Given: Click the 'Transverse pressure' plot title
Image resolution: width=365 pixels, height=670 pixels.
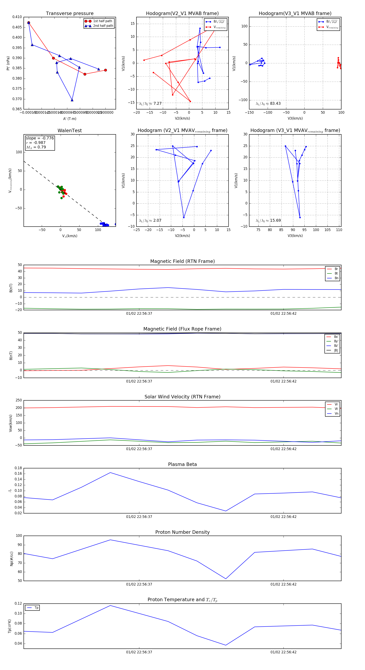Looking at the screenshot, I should tap(70, 14).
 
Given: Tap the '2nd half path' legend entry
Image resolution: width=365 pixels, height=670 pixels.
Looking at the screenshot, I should tap(103, 26).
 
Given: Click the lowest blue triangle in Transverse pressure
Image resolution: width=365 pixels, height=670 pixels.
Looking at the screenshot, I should tap(72, 100).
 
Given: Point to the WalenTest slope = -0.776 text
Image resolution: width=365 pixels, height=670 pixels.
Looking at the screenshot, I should tap(40, 138).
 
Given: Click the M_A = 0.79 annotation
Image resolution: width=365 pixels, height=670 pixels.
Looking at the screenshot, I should tap(36, 147).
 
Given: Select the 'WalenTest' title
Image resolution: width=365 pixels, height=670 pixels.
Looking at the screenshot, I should tap(70, 131).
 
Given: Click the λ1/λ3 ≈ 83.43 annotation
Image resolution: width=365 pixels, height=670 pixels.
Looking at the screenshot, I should tap(268, 104).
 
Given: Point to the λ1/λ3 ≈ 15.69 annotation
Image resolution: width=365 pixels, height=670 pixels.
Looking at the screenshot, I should tap(268, 220).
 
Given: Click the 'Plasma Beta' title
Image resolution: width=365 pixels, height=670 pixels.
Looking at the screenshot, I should tap(182, 465).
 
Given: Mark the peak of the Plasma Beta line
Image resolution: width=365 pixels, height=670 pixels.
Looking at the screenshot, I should tap(110, 473).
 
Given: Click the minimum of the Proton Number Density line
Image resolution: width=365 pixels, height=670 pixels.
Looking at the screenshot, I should tap(226, 579).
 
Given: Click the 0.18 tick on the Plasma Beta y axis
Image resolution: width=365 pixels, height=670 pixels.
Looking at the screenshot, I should tap(18, 468).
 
